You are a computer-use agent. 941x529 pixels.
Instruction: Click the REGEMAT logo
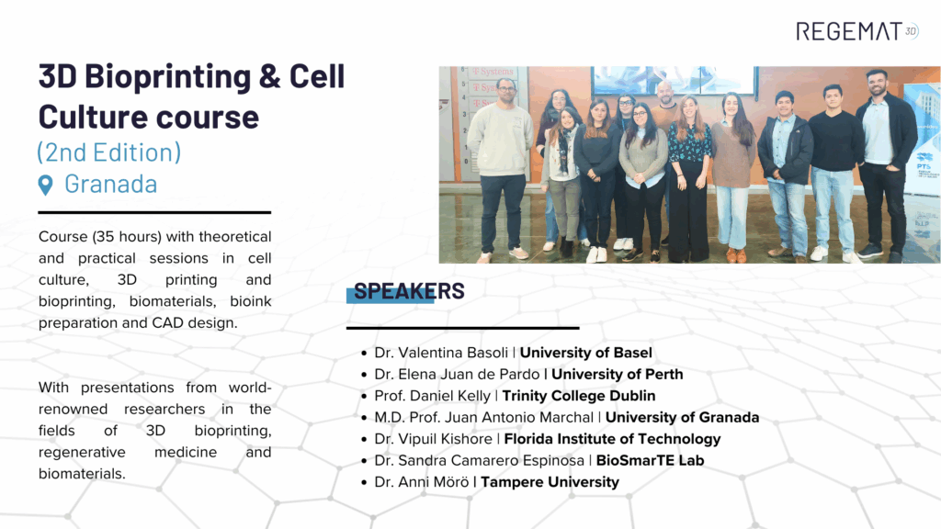857,31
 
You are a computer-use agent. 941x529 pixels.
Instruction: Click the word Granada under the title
111,184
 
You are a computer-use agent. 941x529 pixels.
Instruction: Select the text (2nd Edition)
108,152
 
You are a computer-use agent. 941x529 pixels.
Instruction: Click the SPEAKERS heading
409,291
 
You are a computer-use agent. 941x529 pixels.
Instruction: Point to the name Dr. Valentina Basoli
441,353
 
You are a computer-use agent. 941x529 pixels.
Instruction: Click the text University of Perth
617,375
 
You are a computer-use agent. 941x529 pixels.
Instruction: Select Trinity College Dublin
579,396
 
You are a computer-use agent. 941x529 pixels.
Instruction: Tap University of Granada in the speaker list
682,418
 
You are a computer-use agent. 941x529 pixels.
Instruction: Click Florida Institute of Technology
612,439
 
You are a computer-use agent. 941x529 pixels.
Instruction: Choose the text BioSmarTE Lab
650,461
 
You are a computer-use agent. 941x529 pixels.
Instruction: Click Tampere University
550,482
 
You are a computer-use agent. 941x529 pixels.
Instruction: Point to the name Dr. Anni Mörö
421,482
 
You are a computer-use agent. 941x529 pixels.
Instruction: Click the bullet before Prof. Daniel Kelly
364,397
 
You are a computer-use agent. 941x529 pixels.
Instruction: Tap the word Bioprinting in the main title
167,77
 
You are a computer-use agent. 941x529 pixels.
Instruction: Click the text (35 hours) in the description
127,237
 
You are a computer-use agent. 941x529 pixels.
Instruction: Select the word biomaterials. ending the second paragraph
82,474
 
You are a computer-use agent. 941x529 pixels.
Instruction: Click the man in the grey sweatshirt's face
506,93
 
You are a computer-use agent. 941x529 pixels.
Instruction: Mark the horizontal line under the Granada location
154,212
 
